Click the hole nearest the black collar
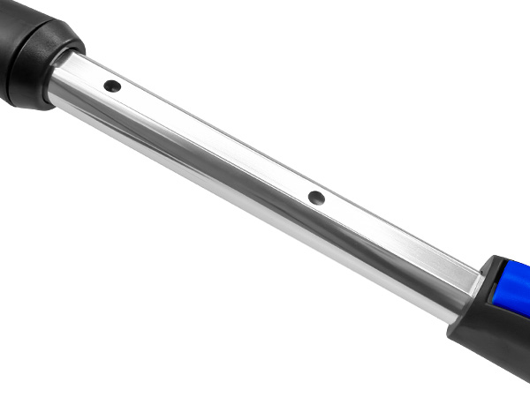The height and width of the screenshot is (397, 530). tap(112, 86)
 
